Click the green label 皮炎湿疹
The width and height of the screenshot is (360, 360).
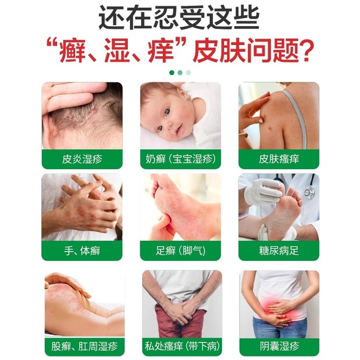82,159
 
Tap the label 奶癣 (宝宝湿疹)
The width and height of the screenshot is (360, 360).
180,159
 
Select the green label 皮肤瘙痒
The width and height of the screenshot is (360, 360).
279,159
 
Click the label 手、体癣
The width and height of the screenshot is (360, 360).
82,251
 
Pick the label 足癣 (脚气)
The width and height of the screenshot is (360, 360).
180,251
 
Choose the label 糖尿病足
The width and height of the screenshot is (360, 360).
279,251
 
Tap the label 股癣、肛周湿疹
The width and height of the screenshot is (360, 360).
84,346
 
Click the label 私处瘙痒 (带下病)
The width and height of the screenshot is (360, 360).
182,346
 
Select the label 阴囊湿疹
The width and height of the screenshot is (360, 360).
280,346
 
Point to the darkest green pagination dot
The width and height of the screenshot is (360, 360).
172,73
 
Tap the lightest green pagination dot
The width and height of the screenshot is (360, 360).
188,73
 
